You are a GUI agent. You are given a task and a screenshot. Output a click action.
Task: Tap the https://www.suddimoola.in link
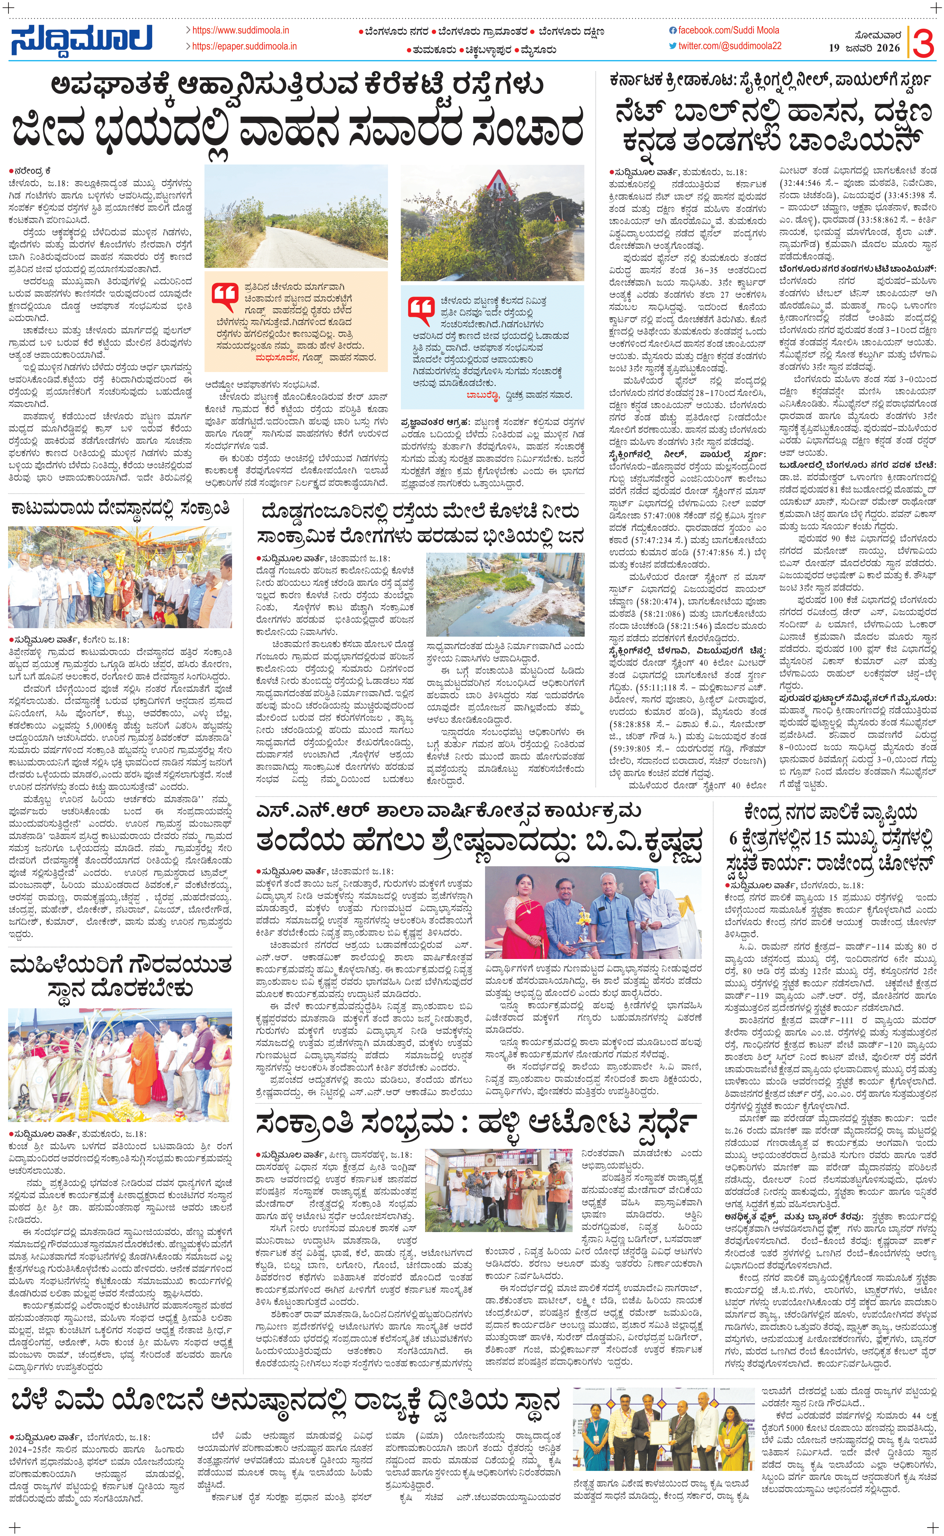click(x=241, y=30)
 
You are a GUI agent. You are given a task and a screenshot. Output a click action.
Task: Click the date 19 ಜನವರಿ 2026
click(x=864, y=47)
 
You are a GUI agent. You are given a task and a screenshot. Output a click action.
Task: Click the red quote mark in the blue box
click(x=421, y=308)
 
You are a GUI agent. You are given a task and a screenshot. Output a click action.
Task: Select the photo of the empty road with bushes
click(x=296, y=216)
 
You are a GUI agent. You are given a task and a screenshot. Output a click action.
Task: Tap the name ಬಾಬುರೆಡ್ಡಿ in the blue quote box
click(x=482, y=395)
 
